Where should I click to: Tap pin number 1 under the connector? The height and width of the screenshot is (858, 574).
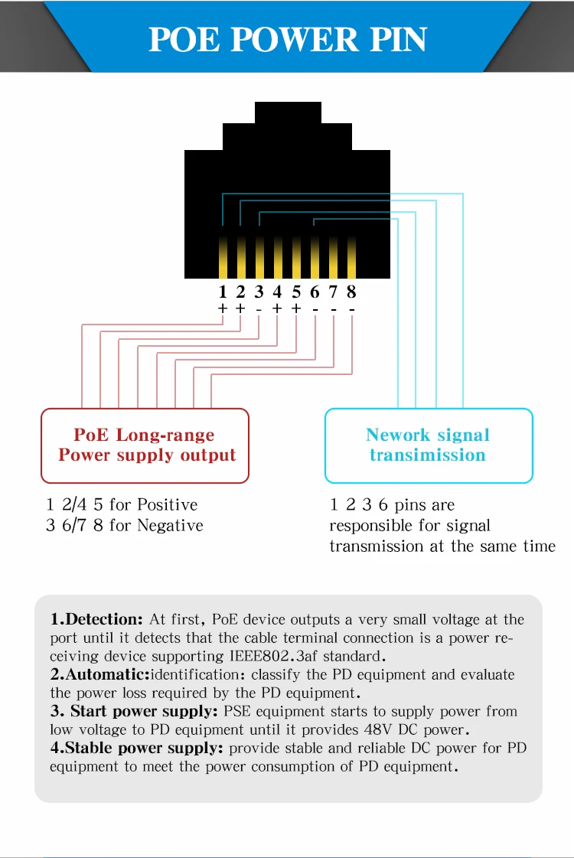[x=223, y=292]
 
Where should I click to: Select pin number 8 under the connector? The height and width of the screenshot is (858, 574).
[x=351, y=292]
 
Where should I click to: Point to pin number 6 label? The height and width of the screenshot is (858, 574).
[x=315, y=292]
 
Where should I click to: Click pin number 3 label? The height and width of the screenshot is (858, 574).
[x=259, y=292]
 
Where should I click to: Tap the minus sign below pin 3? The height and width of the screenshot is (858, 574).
[x=259, y=308]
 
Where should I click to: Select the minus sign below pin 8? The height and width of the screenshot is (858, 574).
[x=351, y=308]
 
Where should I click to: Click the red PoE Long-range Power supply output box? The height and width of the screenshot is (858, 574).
[x=145, y=445]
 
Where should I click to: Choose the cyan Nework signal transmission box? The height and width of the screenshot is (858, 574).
[x=428, y=445]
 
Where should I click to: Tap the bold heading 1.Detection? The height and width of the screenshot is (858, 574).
[x=96, y=619]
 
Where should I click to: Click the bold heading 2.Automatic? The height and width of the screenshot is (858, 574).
[x=100, y=674]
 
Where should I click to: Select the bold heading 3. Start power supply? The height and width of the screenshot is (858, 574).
[x=134, y=711]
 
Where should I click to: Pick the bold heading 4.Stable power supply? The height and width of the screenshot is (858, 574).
[x=137, y=748]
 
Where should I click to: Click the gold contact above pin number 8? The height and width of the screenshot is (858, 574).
[x=351, y=258]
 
